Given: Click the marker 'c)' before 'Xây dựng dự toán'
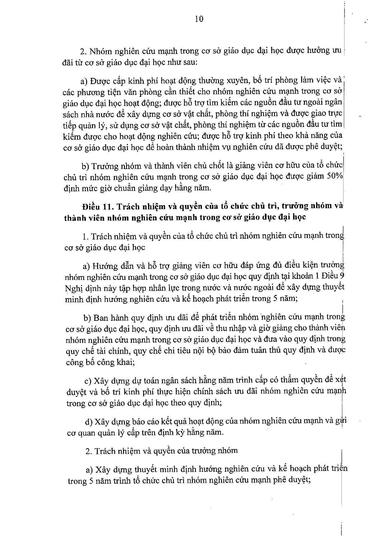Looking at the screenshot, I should (x=88, y=381).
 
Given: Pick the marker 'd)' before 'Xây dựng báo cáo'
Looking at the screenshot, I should (x=89, y=422).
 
